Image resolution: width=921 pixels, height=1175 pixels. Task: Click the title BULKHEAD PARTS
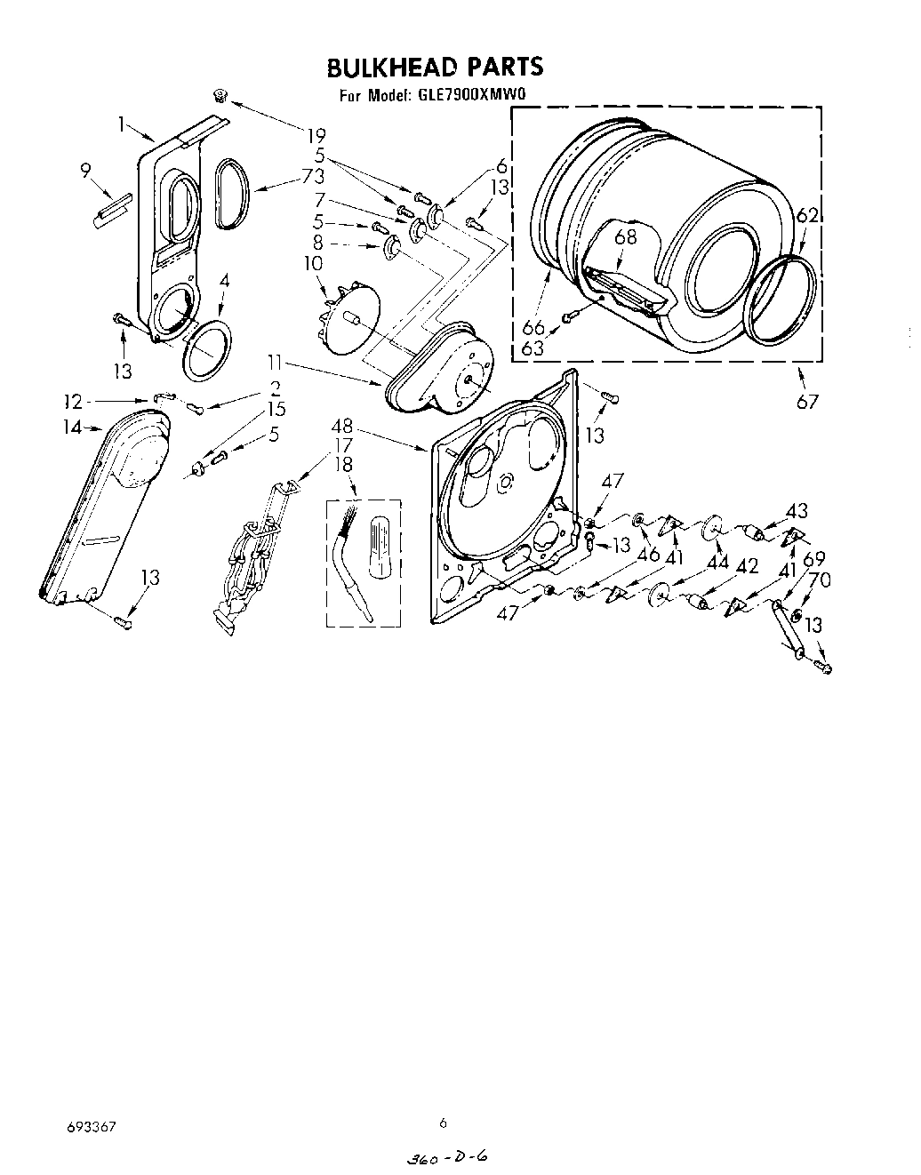435,67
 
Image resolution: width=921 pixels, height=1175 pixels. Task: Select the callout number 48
342,427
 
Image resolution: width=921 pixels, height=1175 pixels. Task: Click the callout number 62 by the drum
807,215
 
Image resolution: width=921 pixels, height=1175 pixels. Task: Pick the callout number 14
71,428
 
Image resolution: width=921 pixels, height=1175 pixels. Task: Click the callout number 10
313,263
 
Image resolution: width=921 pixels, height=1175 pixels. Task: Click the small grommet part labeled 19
220,95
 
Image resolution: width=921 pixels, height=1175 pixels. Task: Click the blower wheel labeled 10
349,317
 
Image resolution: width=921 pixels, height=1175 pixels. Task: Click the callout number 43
797,510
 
